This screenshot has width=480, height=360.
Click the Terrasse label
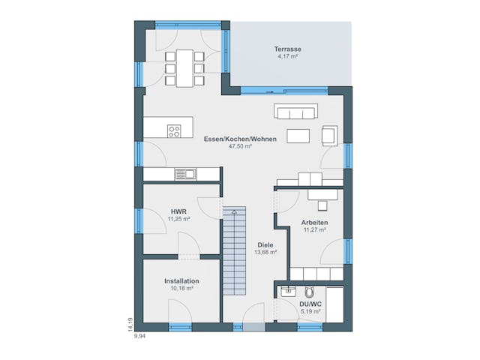point(288,49)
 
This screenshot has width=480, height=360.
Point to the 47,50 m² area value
point(240,146)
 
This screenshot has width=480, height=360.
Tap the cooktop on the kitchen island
point(174,131)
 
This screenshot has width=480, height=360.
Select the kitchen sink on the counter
point(184,175)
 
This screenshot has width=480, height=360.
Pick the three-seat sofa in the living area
point(295,113)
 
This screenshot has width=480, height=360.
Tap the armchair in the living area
point(328,135)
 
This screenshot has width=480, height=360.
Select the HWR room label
point(178,211)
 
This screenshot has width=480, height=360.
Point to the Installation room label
point(181,281)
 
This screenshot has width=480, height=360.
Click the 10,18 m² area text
point(181,288)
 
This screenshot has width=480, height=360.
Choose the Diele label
point(265,245)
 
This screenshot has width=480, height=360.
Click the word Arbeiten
point(314,223)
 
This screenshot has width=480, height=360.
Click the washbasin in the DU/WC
point(286,291)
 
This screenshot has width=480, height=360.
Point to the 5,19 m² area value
point(310,311)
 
